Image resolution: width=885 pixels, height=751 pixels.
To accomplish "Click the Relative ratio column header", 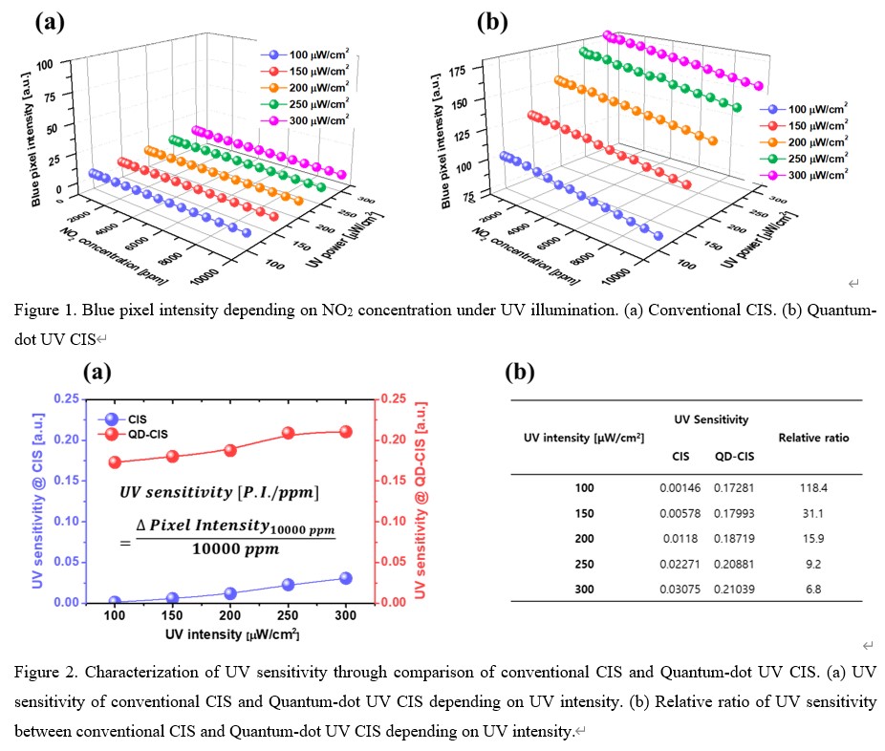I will [813, 438].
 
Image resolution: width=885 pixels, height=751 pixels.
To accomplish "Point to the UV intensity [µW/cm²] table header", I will [584, 438].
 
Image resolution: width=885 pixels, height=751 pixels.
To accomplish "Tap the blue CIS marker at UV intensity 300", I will [345, 578].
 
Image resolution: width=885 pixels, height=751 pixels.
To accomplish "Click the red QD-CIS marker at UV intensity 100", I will [115, 462].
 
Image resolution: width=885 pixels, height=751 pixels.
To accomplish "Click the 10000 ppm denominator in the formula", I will [228, 548].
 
